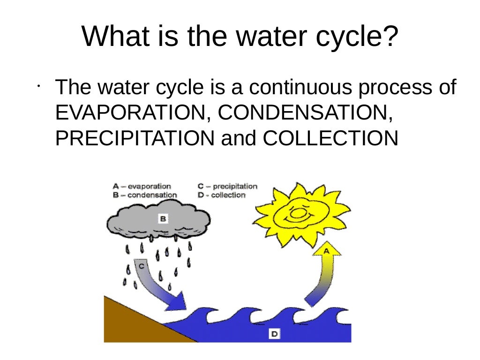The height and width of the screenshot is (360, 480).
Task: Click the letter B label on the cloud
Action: pyautogui.click(x=163, y=218)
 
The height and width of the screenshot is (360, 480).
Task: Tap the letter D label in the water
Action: pyautogui.click(x=274, y=334)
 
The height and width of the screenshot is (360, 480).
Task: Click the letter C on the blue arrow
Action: pyautogui.click(x=142, y=266)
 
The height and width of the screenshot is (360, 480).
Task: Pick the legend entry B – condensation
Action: pyautogui.click(x=145, y=195)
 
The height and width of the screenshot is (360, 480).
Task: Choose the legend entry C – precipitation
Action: pyautogui.click(x=228, y=186)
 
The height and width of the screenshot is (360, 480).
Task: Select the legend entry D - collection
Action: pyautogui.click(x=222, y=195)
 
